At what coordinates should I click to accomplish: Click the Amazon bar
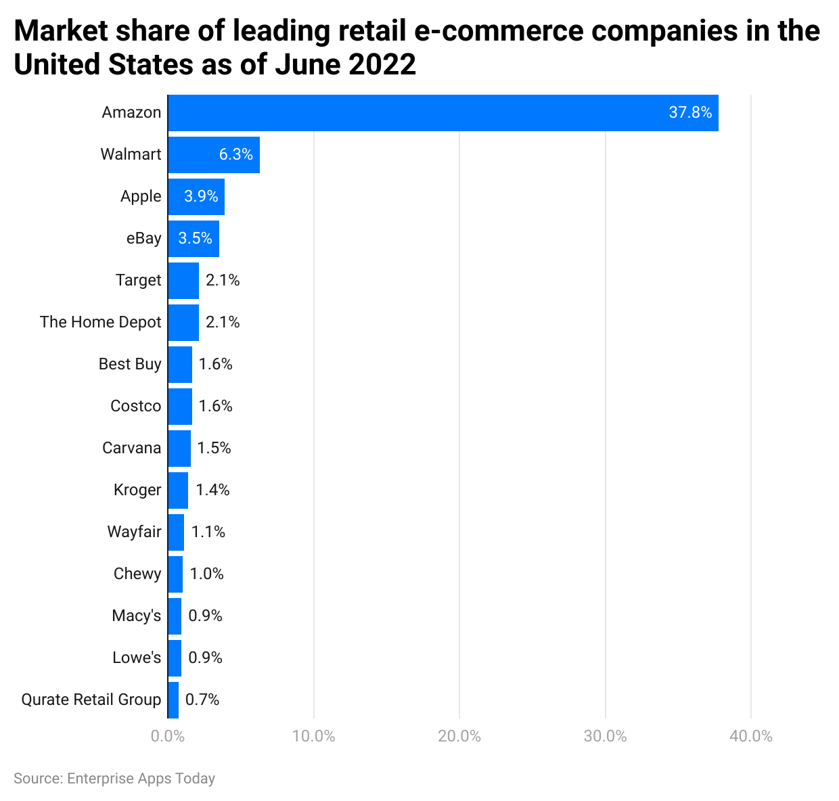click(x=443, y=112)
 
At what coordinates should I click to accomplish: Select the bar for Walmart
click(x=214, y=155)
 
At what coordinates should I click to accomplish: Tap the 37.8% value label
click(x=690, y=112)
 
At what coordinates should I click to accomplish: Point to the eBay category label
click(x=143, y=238)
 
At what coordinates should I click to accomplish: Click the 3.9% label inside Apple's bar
click(x=201, y=197)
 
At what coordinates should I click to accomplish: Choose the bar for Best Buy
click(x=180, y=364)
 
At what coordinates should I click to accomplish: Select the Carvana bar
click(x=179, y=449)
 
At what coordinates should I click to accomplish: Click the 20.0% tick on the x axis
click(x=459, y=736)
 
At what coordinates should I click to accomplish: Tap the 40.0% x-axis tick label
click(x=750, y=736)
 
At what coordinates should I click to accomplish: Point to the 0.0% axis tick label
click(x=168, y=736)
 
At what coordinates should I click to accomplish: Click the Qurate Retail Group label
click(x=91, y=700)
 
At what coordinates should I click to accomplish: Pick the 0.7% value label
click(x=202, y=700)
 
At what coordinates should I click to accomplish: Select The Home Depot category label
click(x=100, y=323)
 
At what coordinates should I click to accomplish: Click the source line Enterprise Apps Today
click(x=114, y=779)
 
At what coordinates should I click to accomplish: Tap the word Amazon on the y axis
click(x=131, y=112)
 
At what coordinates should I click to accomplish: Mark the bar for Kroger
click(x=178, y=490)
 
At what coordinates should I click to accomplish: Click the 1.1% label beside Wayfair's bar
click(x=208, y=532)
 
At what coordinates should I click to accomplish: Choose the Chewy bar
click(x=175, y=574)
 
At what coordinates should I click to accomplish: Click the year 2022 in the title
click(x=382, y=65)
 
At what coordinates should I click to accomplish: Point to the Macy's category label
click(x=136, y=616)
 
